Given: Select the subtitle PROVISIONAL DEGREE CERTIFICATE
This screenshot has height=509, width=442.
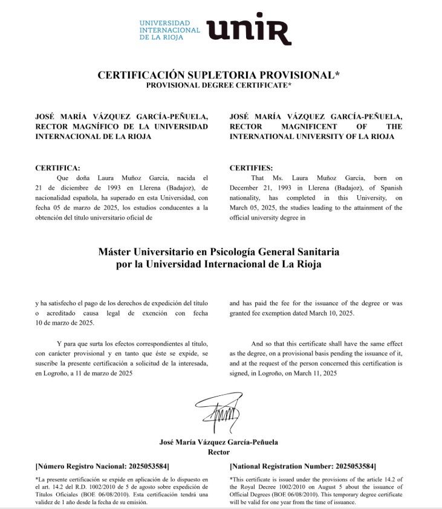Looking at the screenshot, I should (x=219, y=85).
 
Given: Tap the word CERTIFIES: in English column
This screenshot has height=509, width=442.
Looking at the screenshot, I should (x=252, y=167).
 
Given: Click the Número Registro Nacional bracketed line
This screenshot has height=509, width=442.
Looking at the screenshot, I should (x=102, y=466).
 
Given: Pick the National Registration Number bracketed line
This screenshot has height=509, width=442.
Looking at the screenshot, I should (x=303, y=466).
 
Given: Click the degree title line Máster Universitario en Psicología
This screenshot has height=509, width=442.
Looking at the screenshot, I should (x=218, y=251).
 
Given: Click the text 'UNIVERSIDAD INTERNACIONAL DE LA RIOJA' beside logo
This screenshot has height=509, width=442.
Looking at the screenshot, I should (x=169, y=29).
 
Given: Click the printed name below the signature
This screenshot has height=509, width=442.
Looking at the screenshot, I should (x=218, y=442).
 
